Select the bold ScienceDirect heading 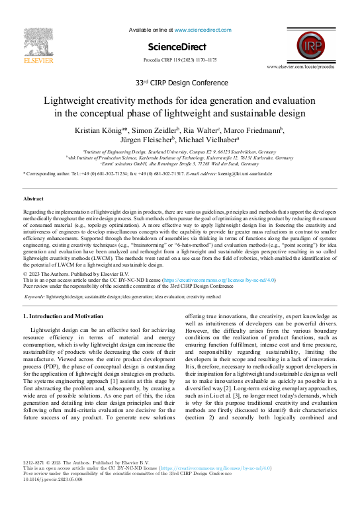(x=179, y=46)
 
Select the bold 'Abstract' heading (x=34, y=198)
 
